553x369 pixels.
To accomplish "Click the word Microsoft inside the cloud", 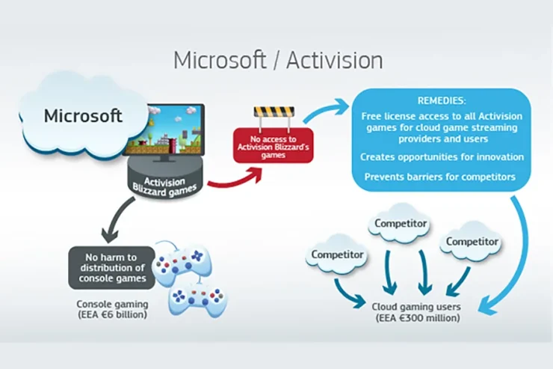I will (x=82, y=116).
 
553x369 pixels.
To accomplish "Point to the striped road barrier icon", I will (x=274, y=114).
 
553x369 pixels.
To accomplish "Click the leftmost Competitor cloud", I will (x=339, y=255).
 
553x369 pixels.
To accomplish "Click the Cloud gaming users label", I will (x=416, y=306).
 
